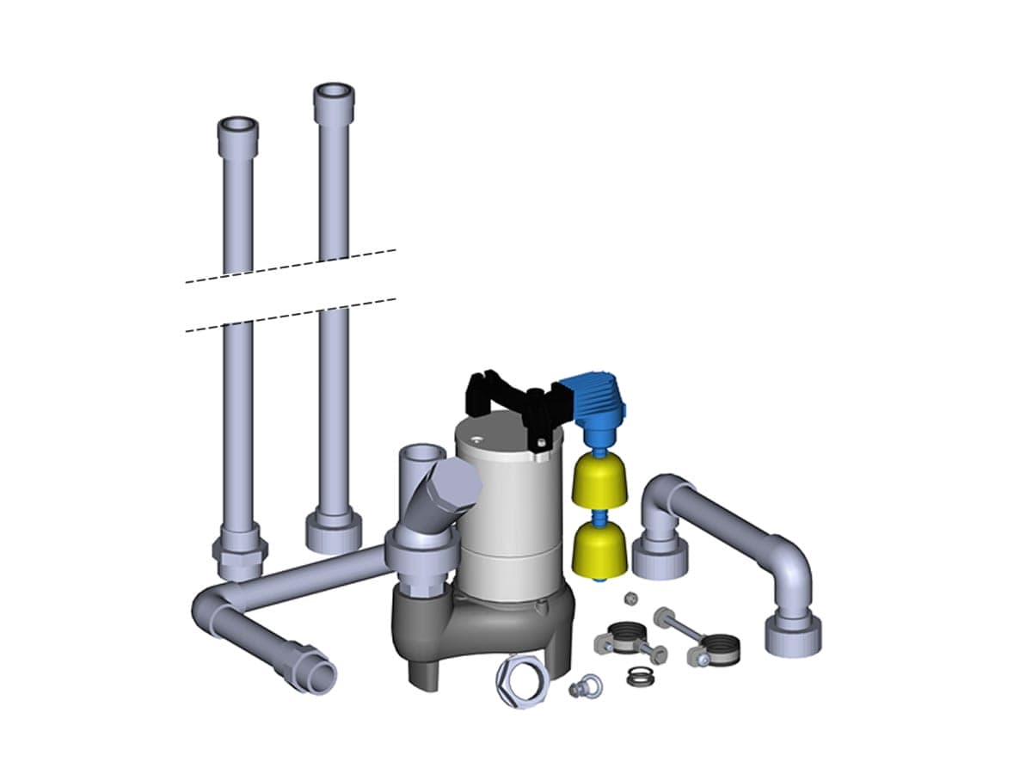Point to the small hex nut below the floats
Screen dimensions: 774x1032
point(630,597)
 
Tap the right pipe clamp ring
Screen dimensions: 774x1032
point(721,649)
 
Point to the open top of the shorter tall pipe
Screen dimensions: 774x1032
point(236,126)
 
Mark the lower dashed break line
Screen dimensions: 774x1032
point(291,314)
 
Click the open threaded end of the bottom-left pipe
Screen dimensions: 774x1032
point(319,677)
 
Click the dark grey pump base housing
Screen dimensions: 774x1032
point(482,623)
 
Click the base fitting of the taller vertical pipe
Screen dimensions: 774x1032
point(334,531)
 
